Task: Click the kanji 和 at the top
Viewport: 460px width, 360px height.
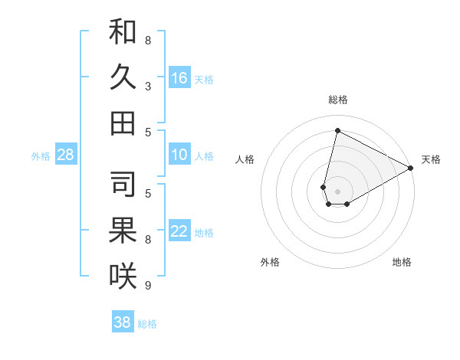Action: coord(123,32)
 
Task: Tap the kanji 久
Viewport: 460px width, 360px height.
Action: coord(123,77)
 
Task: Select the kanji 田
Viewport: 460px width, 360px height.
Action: coord(123,123)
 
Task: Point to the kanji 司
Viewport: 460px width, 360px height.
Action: coord(123,185)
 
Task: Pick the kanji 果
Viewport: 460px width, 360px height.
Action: coord(123,231)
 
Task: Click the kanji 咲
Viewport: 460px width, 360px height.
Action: coord(123,277)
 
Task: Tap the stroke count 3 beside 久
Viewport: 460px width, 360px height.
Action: coord(148,86)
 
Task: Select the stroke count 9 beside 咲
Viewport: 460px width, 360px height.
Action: coord(148,286)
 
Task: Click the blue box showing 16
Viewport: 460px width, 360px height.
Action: coord(179,77)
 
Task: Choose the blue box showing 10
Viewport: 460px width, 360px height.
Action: coord(179,155)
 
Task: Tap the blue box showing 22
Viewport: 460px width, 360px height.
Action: coord(179,231)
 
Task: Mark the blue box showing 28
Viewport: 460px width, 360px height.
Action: coord(66,155)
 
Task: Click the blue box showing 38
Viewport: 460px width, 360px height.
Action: coord(123,322)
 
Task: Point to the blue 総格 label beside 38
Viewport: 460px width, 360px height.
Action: coord(147,324)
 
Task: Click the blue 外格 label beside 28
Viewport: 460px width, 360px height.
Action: coord(41,156)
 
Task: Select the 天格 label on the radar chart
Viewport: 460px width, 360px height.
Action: coord(431,159)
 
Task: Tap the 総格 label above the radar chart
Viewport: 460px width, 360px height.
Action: coord(337,100)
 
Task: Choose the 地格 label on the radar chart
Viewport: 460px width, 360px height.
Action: coord(402,262)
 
